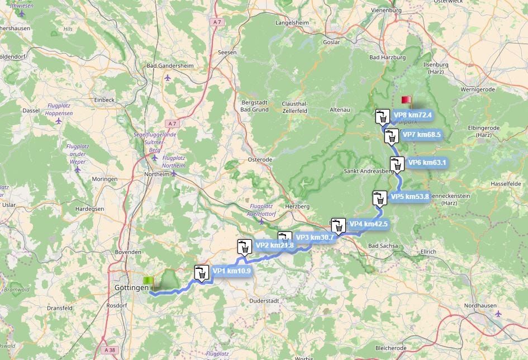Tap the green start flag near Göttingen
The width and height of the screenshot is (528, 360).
tap(148, 281)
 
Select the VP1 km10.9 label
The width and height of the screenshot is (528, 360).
tap(231, 271)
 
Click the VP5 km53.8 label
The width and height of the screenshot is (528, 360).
tap(410, 196)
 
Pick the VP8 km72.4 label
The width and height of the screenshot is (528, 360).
tap(412, 115)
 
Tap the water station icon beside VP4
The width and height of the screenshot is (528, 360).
tap(338, 225)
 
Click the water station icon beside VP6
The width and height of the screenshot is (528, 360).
tap(397, 164)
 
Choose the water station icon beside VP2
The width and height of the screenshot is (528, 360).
tap(244, 247)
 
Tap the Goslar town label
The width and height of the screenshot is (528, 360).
tap(331, 42)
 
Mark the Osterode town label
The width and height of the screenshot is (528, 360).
tap(260, 159)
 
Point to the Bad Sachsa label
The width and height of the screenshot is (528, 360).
tap(382, 246)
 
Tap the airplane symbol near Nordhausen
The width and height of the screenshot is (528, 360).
tap(498, 313)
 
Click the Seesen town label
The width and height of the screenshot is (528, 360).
tap(227, 52)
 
